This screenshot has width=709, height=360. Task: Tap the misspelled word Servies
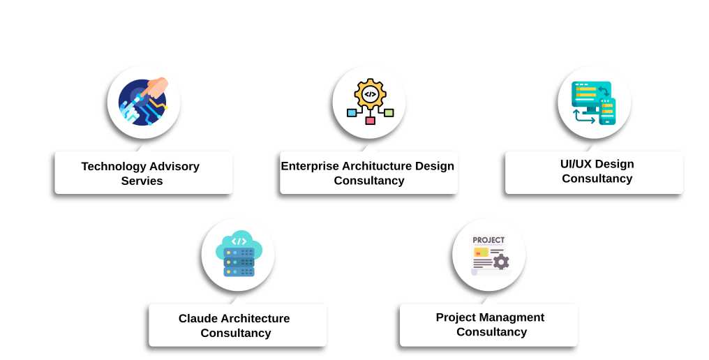142,181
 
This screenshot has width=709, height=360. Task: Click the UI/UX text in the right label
573,164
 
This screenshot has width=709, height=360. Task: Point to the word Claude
198,318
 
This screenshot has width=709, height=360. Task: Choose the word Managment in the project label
512,317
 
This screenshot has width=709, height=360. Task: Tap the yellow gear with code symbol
370,93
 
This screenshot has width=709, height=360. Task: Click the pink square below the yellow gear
370,121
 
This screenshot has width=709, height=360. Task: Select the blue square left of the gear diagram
352,112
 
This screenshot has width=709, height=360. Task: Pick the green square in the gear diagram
389,112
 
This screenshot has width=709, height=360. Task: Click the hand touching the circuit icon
156,87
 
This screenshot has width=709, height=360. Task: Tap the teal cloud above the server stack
239,241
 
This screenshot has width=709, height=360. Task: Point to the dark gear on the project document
500,262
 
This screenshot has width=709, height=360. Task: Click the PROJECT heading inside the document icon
488,240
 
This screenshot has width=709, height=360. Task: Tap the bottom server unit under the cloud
239,271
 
